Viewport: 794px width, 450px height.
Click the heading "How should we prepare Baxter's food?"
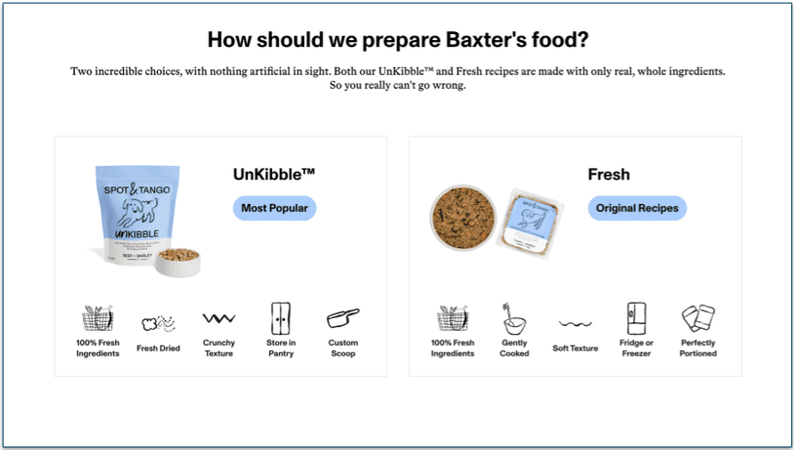398,41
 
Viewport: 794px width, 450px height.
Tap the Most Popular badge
274,208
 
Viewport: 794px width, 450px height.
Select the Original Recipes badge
637,208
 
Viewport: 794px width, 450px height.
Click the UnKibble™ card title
274,175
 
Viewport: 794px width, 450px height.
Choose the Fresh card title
609,175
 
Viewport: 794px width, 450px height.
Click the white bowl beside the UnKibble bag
179,262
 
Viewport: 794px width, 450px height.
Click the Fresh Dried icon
158,322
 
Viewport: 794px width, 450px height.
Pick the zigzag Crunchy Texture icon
218,318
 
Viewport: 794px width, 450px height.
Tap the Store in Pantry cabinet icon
280,318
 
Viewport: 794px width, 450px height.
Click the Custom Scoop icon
342,319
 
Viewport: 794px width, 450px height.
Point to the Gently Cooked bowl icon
514,319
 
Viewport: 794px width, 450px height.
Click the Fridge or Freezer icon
636,318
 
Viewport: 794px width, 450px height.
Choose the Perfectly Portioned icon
697,319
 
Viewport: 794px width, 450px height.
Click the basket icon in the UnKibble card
97,318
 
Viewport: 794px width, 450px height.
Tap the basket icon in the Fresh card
452,318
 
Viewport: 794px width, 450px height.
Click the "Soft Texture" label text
575,348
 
